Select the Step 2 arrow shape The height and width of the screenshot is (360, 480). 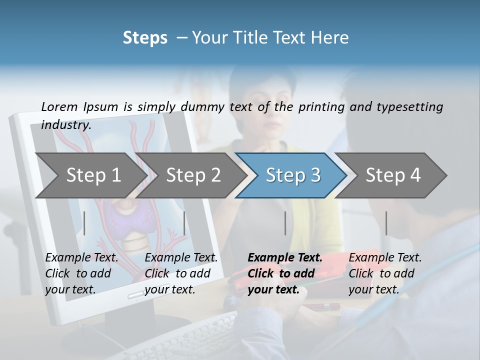pos(193,175)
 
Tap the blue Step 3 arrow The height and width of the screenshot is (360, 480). pos(293,175)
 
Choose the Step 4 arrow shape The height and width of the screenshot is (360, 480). pos(393,175)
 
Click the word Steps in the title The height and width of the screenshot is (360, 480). pos(145,38)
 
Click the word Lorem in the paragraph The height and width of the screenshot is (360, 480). pos(59,106)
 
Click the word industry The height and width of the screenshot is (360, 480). pos(66,124)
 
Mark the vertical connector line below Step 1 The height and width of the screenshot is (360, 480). pos(84,223)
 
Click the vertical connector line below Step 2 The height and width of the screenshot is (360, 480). pos(184,223)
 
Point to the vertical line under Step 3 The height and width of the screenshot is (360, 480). pos(285,223)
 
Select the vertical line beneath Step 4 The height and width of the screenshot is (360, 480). pos(386,223)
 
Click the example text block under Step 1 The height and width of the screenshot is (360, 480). pos(81,273)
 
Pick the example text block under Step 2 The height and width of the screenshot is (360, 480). pos(181,273)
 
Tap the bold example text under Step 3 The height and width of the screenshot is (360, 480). pos(285,273)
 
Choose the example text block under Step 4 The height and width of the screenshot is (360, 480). pos(385,273)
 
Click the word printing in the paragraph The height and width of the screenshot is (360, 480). pos(322,106)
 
